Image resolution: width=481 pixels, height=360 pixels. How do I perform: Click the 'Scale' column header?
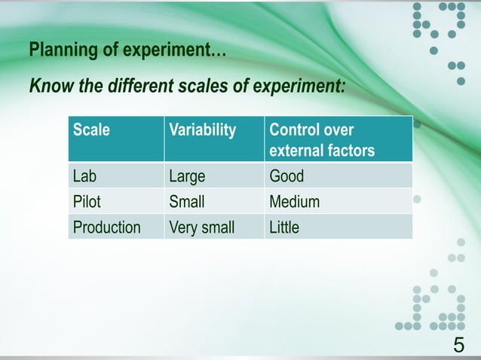(x=91, y=130)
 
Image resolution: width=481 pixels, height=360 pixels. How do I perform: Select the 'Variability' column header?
(x=202, y=130)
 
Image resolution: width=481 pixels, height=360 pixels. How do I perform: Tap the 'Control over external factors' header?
(x=321, y=140)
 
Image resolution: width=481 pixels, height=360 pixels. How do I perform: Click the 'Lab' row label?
(x=84, y=177)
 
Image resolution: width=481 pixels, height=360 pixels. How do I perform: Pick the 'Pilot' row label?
(x=87, y=202)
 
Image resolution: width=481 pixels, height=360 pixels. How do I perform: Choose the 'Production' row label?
(x=106, y=227)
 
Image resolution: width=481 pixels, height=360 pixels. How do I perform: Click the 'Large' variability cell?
(x=187, y=177)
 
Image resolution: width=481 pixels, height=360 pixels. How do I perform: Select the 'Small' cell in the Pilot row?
(x=187, y=202)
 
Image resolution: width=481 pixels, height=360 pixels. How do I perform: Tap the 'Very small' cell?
(x=201, y=227)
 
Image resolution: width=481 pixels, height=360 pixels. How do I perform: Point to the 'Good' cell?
(x=286, y=177)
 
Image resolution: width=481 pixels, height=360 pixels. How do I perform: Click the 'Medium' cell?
(x=294, y=202)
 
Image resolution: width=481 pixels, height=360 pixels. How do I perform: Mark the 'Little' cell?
(x=284, y=227)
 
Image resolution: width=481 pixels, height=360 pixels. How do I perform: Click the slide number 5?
(x=458, y=345)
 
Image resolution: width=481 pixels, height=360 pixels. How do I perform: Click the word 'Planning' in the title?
(x=57, y=52)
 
